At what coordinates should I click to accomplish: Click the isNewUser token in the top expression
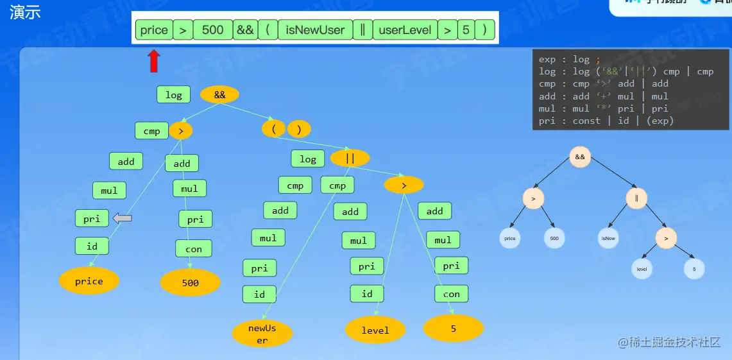(315, 30)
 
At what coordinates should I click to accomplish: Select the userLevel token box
(405, 30)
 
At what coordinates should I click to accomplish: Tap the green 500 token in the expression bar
(212, 30)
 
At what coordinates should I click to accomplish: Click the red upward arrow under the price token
(154, 61)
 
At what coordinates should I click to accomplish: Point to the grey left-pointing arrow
(123, 219)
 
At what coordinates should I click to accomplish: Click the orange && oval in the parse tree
(219, 95)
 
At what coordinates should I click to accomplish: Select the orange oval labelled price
(89, 281)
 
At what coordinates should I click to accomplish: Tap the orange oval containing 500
(190, 282)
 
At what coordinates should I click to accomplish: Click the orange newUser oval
(262, 334)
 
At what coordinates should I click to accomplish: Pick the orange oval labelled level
(375, 330)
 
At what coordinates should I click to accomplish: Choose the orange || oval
(350, 158)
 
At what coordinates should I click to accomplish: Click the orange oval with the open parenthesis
(273, 129)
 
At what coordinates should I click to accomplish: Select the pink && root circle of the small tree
(579, 157)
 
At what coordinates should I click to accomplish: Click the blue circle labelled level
(642, 269)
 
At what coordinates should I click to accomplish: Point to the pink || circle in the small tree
(636, 198)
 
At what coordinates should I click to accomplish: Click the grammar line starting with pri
(606, 121)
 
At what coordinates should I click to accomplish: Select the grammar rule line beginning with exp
(570, 60)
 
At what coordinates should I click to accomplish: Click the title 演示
(26, 12)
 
